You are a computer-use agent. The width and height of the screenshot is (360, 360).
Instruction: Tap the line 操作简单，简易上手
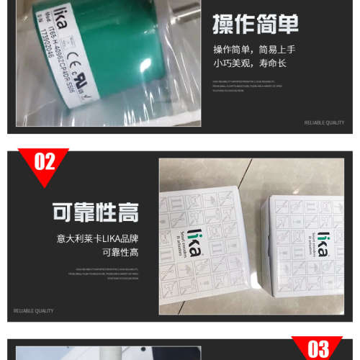tap(254, 50)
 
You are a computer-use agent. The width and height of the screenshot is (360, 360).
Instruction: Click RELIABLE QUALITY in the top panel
tap(325, 122)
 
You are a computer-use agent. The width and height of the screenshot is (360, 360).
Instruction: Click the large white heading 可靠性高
tap(95, 212)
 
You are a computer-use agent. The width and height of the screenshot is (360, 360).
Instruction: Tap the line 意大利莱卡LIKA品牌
tap(96, 238)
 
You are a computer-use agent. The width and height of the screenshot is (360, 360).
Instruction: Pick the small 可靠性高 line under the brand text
tap(120, 252)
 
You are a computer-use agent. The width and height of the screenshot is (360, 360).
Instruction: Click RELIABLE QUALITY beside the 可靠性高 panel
tap(34, 311)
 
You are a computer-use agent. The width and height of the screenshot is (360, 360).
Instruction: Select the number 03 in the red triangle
tap(318, 349)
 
